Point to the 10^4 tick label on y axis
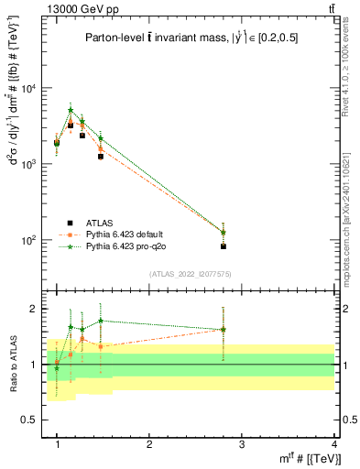coord(27,89)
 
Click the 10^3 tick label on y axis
coord(27,164)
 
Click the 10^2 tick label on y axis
coord(27,240)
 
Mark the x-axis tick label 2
coord(149,444)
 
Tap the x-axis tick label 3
coord(242,444)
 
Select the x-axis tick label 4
coord(333,444)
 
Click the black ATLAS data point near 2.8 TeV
coord(224,246)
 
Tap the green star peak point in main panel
coord(71,111)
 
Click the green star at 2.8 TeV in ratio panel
coord(224,330)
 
